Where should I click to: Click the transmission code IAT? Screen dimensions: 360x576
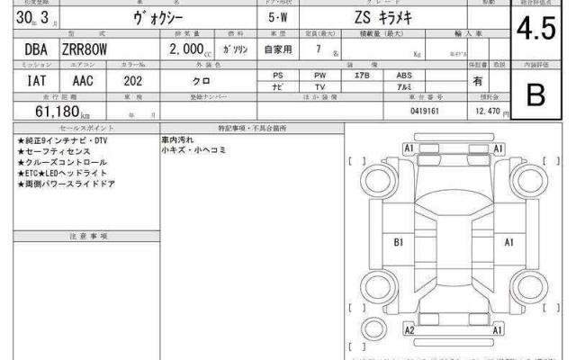27,81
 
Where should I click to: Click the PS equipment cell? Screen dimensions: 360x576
277,75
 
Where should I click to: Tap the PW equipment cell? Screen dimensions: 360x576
319,75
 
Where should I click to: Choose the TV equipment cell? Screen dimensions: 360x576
319,85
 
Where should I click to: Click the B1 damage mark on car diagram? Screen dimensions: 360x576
399,242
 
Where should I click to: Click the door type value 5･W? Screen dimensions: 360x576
278,18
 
